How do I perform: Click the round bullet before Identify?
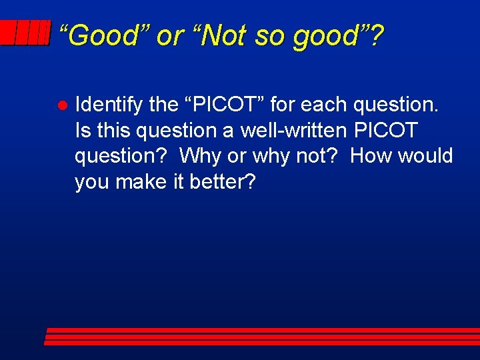coord(60,105)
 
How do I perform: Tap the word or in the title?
coord(167,35)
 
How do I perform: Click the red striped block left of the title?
coord(25,33)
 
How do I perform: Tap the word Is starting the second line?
coord(83,130)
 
